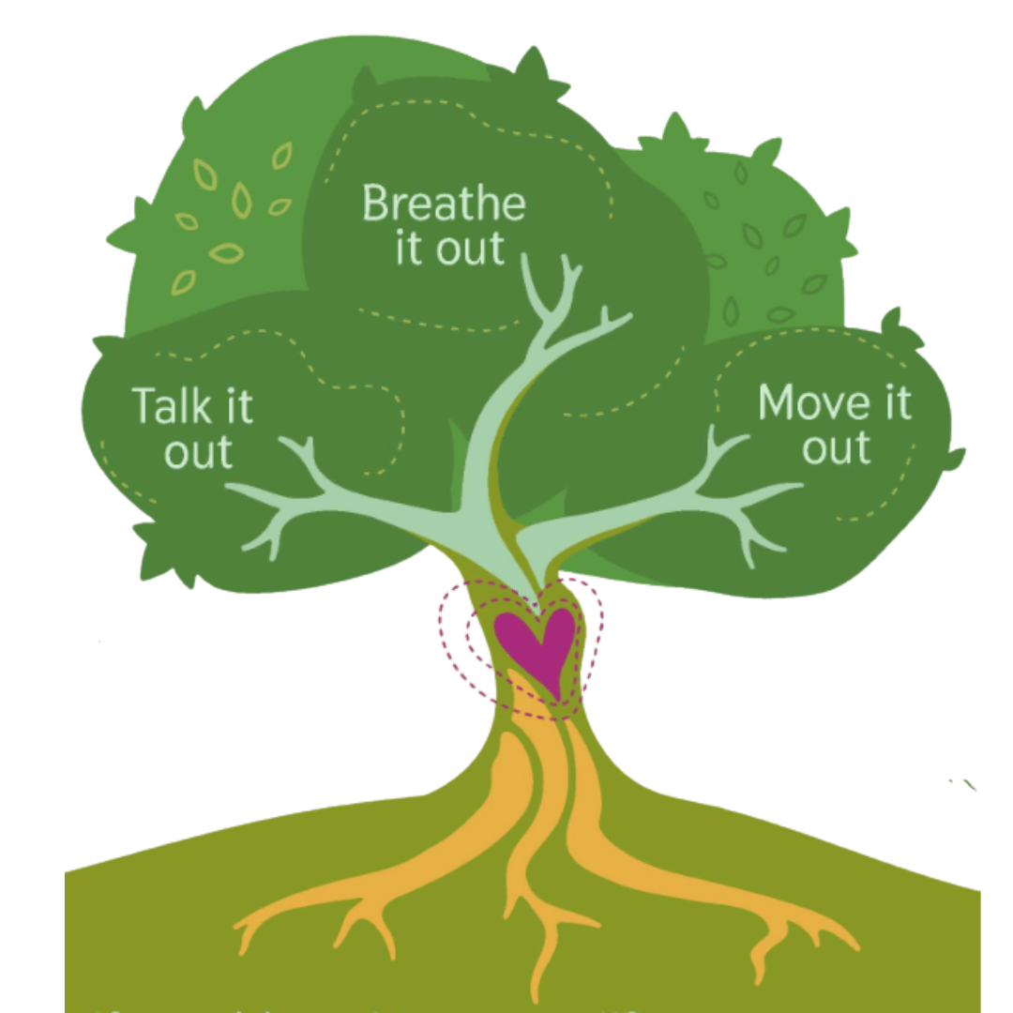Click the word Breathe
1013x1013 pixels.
click(444, 204)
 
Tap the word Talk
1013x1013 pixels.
click(166, 405)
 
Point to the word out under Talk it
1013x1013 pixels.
click(198, 452)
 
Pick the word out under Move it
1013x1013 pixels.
click(837, 447)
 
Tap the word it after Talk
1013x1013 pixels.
click(235, 405)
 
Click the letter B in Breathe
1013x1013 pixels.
click(374, 204)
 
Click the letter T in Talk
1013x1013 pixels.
click(143, 405)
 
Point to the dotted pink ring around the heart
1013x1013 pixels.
click(450, 647)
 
